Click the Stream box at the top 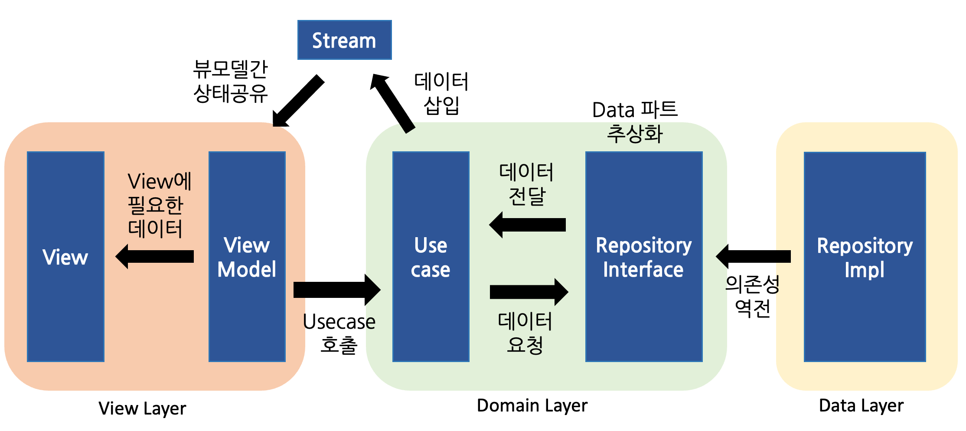click(x=344, y=40)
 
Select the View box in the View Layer click(x=65, y=257)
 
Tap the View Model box click(x=247, y=257)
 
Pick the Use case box click(x=431, y=257)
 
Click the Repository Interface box click(x=643, y=257)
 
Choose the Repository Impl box click(x=865, y=257)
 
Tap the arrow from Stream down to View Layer click(x=298, y=101)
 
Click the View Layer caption click(x=142, y=408)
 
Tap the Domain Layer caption click(x=532, y=405)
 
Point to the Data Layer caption click(x=861, y=405)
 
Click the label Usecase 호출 click(x=339, y=333)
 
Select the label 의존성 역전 click(x=753, y=296)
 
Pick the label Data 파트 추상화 click(x=635, y=121)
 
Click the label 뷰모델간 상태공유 click(x=231, y=81)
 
